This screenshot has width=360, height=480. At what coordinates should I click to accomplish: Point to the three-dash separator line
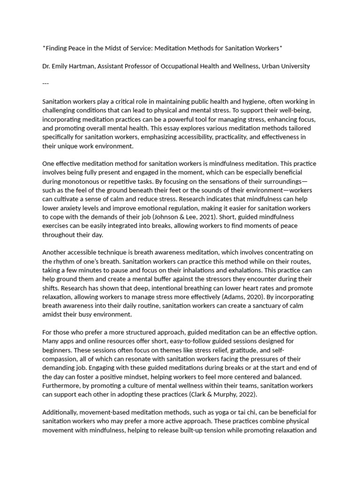(x=45, y=84)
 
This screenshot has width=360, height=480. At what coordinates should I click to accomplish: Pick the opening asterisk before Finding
(x=44, y=47)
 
